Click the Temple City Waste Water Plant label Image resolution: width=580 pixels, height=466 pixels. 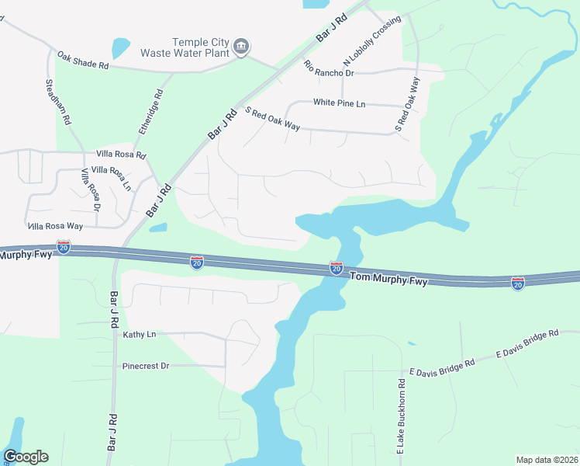[x=185, y=47]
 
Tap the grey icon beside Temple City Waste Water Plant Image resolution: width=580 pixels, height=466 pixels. [x=241, y=47]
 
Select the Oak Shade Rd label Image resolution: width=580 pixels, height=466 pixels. [x=82, y=60]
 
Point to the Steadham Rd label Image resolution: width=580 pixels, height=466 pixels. [x=58, y=102]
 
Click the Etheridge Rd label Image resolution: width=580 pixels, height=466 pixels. [x=151, y=113]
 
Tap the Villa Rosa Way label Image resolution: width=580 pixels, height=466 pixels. [x=55, y=226]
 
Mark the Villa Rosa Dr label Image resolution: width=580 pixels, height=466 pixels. [x=89, y=193]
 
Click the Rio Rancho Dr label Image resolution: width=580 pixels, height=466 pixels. [x=329, y=68]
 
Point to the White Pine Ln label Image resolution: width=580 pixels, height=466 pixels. [x=349, y=103]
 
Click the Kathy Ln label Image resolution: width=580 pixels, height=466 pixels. [x=140, y=335]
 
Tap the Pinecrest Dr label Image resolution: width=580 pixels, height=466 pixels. [x=146, y=366]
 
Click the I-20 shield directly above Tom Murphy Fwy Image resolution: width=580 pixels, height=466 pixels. [x=337, y=267]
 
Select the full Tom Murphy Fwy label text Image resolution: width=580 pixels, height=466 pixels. [x=388, y=278]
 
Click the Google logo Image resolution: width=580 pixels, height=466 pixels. [x=26, y=456]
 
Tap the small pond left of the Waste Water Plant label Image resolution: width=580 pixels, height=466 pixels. [x=121, y=48]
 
